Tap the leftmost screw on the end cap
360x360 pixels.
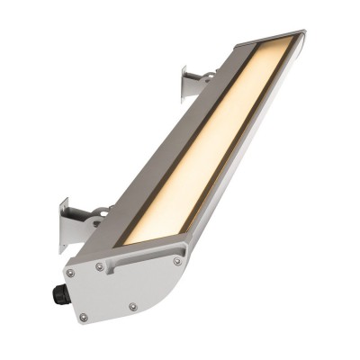(69, 273)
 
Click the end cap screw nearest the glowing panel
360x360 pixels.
(177, 261)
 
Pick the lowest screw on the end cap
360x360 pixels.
(84, 317)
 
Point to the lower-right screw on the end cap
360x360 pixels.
(133, 307)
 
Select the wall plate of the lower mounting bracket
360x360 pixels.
(67, 225)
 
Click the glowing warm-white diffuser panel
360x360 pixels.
(211, 144)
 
